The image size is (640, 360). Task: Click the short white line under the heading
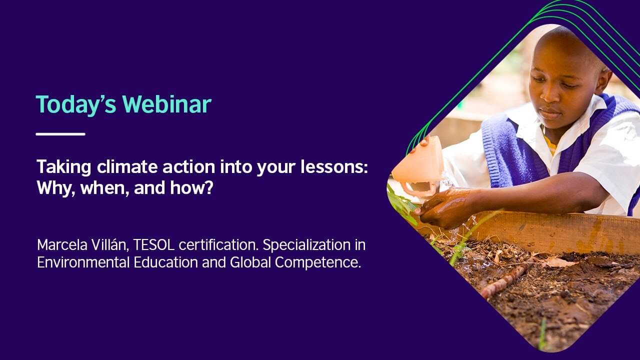tap(60, 134)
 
